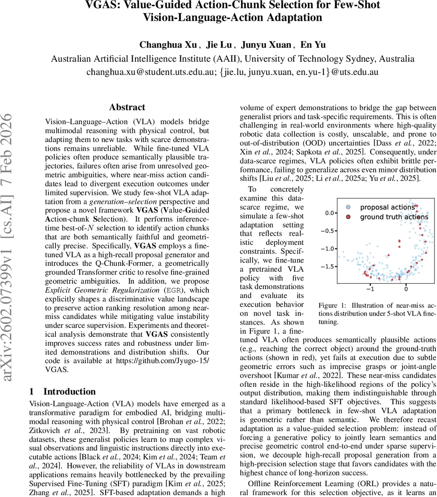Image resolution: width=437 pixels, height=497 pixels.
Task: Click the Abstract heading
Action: [127, 107]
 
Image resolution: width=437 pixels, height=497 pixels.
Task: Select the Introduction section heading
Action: [69, 391]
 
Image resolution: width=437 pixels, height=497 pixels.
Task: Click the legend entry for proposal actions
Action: [387, 207]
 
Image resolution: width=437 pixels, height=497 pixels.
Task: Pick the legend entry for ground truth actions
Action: [394, 217]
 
